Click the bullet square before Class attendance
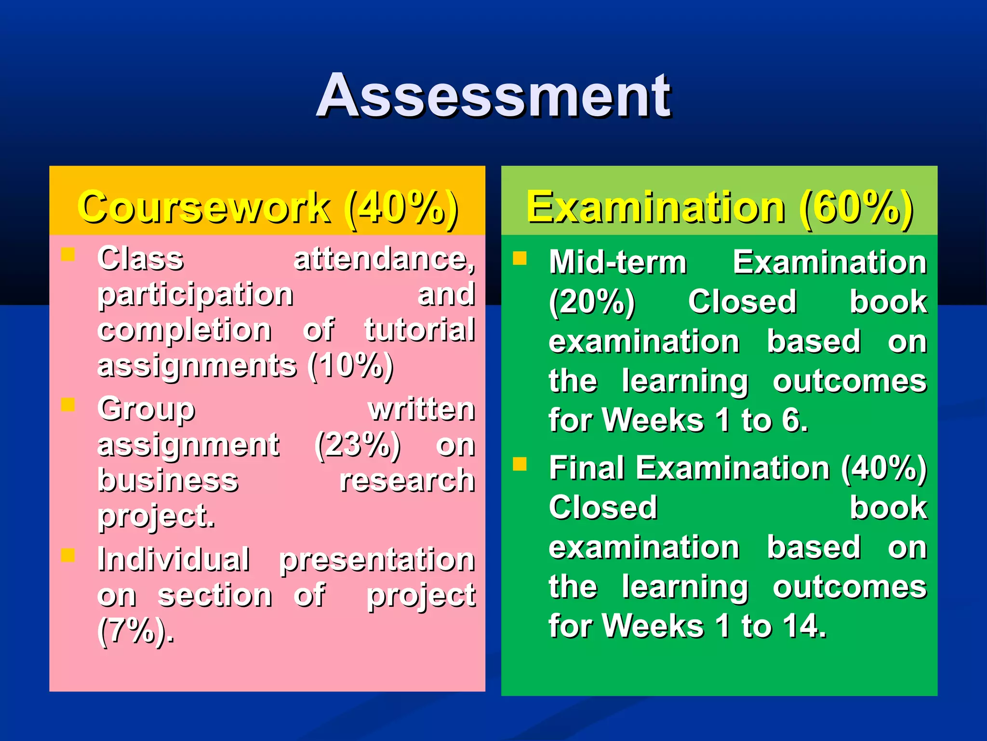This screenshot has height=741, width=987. (x=68, y=254)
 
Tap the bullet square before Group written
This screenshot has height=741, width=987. (x=68, y=405)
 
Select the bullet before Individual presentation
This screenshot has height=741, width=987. (x=68, y=556)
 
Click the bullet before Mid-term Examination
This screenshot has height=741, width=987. (x=520, y=259)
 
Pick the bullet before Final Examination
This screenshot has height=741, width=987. (x=520, y=464)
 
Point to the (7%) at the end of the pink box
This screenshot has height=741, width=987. (x=135, y=631)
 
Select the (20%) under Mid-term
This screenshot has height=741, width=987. (x=592, y=302)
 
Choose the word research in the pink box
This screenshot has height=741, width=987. (x=407, y=480)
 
